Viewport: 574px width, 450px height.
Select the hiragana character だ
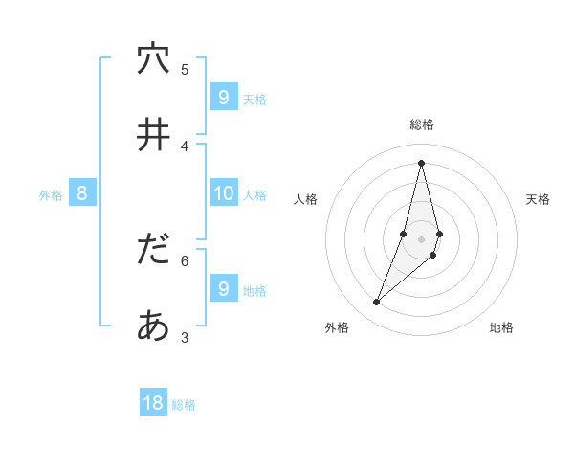pyautogui.click(x=153, y=250)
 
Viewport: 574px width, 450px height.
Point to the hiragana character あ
pyautogui.click(x=153, y=326)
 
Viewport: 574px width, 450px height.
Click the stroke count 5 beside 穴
pyautogui.click(x=185, y=69)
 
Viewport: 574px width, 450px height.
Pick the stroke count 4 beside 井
pyautogui.click(x=185, y=146)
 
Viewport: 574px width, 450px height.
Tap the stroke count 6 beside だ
pyautogui.click(x=185, y=259)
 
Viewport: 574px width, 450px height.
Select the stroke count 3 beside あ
pyautogui.click(x=185, y=336)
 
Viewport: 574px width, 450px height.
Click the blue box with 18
pyautogui.click(x=153, y=403)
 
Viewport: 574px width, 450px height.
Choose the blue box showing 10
pyautogui.click(x=223, y=193)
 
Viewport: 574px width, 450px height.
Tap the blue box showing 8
pyautogui.click(x=82, y=193)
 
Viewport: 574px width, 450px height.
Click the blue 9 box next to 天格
pyautogui.click(x=223, y=98)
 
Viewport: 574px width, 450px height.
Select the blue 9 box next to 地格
pyautogui.click(x=223, y=288)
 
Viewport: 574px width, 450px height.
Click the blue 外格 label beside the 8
pyautogui.click(x=51, y=195)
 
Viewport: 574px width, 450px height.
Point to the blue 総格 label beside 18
pyautogui.click(x=184, y=405)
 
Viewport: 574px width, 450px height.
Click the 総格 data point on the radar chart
pyautogui.click(x=421, y=163)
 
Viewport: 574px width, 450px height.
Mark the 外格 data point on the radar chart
pyautogui.click(x=376, y=303)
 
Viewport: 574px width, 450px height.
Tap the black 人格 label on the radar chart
pyautogui.click(x=306, y=199)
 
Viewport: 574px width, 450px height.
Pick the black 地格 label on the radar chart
pyautogui.click(x=501, y=327)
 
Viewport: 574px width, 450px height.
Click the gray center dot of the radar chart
pyautogui.click(x=421, y=239)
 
